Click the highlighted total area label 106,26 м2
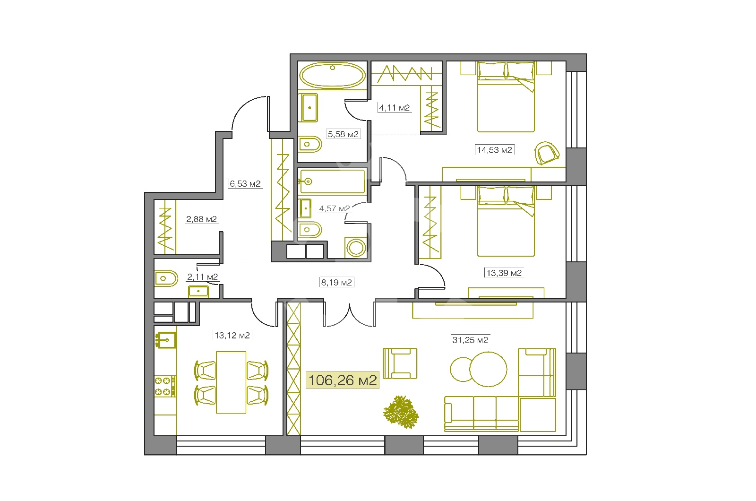pyautogui.click(x=343, y=380)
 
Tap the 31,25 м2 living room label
pyautogui.click(x=470, y=340)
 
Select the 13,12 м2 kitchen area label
pyautogui.click(x=232, y=335)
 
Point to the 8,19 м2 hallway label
pyautogui.click(x=336, y=282)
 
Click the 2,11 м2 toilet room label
pyautogui.click(x=203, y=277)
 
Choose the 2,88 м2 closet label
pyautogui.click(x=201, y=219)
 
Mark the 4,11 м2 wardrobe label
pyautogui.click(x=394, y=108)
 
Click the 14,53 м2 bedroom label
pyautogui.click(x=494, y=149)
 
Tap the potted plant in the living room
pyautogui.click(x=401, y=412)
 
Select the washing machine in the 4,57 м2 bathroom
pyautogui.click(x=356, y=248)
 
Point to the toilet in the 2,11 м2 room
pyautogui.click(x=166, y=278)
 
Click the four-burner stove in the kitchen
pyautogui.click(x=165, y=386)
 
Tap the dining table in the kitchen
pyautogui.click(x=231, y=382)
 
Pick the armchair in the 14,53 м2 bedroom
pyautogui.click(x=547, y=153)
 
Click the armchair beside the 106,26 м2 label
pyautogui.click(x=400, y=363)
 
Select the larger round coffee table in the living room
pyautogui.click(x=488, y=369)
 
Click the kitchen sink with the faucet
pyautogui.click(x=166, y=340)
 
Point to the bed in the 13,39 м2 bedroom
pyautogui.click(x=506, y=221)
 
